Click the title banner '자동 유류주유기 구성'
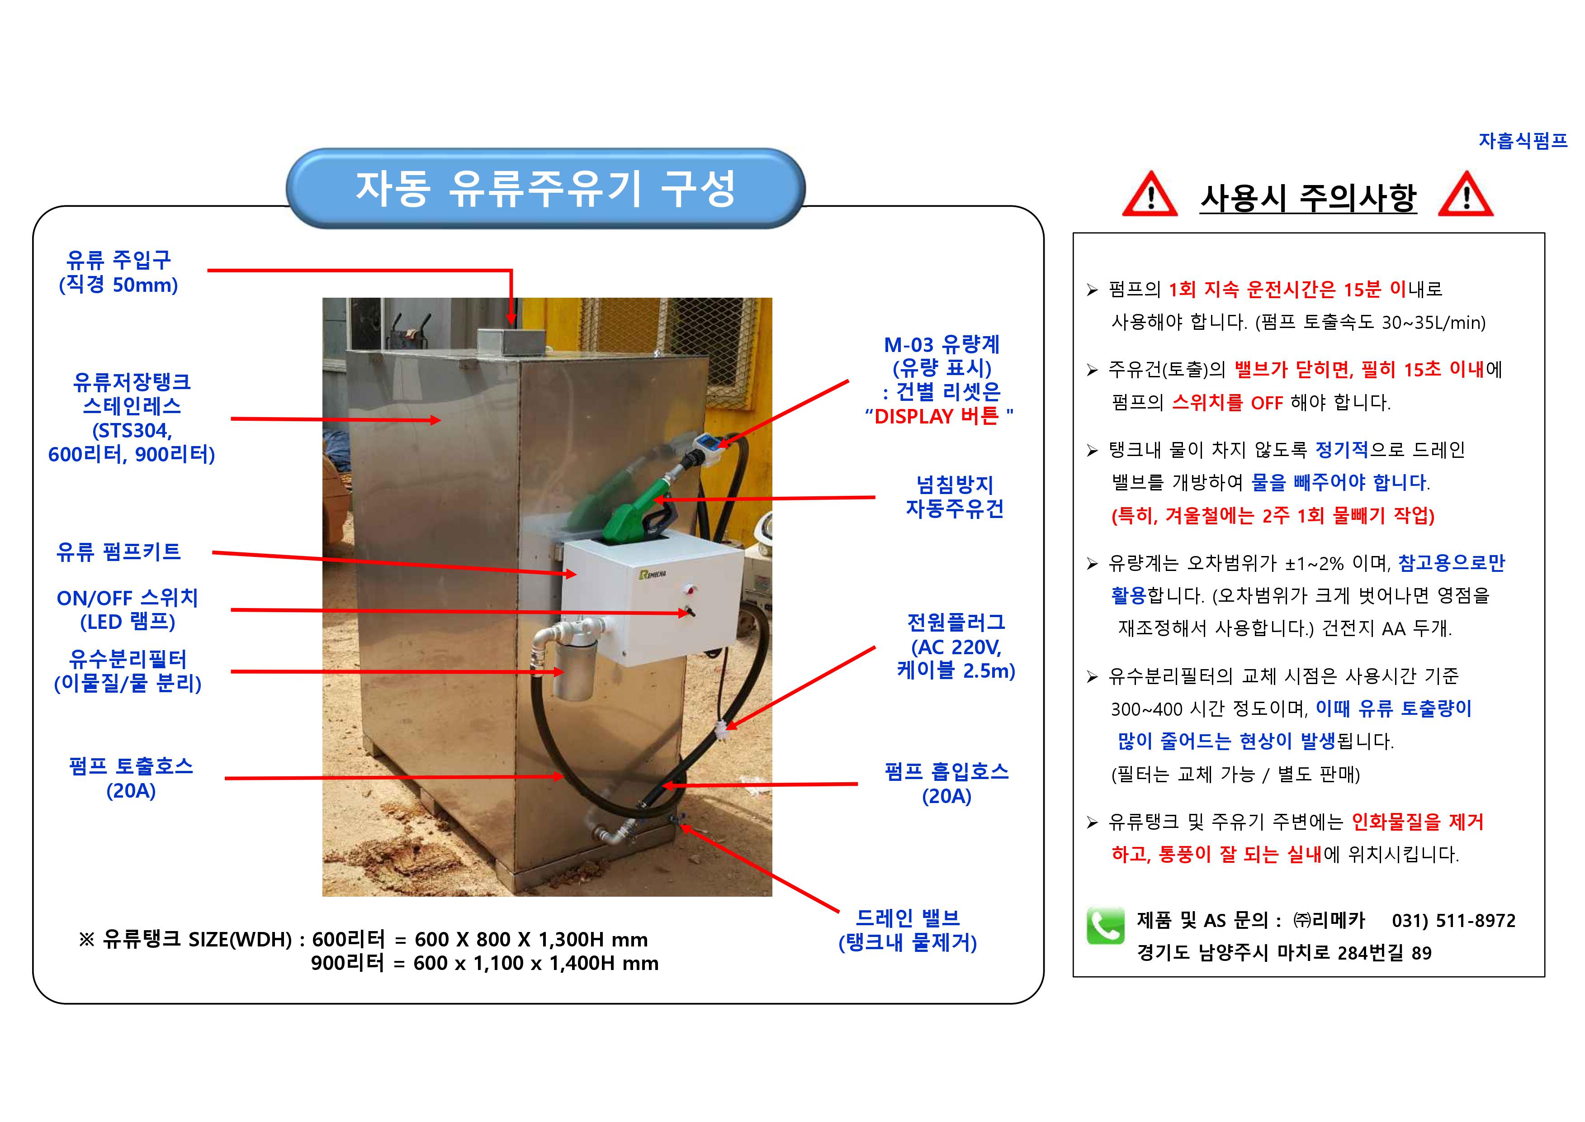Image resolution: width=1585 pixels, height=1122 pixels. click(x=546, y=188)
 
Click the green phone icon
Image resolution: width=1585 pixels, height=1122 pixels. click(x=1106, y=926)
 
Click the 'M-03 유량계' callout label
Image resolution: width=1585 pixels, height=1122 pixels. click(x=942, y=344)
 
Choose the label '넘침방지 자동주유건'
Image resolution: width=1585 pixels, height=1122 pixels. click(x=955, y=497)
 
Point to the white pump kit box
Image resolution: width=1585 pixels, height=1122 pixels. click(x=653, y=601)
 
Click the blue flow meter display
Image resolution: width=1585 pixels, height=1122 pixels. click(x=709, y=442)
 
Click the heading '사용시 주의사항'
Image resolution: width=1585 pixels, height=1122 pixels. click(x=1308, y=198)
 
